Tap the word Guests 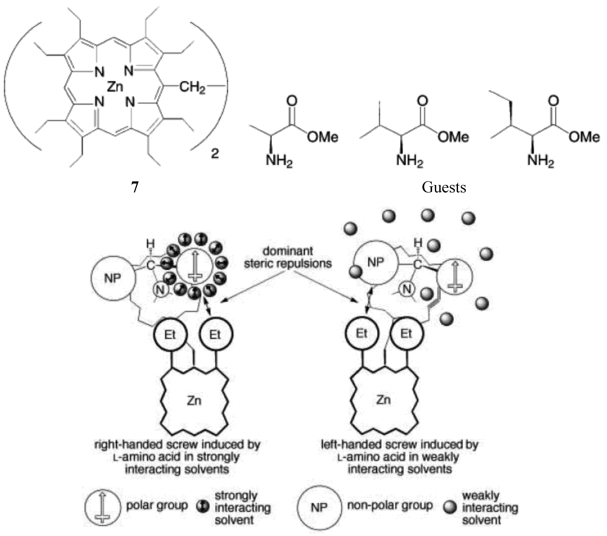[444, 187]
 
